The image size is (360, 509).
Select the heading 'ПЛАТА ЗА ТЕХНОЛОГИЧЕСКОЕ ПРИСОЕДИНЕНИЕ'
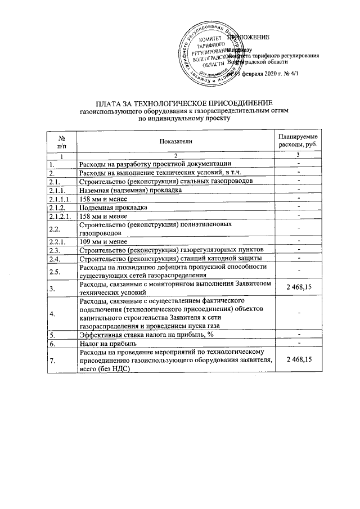coord(184,104)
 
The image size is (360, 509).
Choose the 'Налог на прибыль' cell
coord(103,343)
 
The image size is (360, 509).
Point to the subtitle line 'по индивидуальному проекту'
coord(184,119)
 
